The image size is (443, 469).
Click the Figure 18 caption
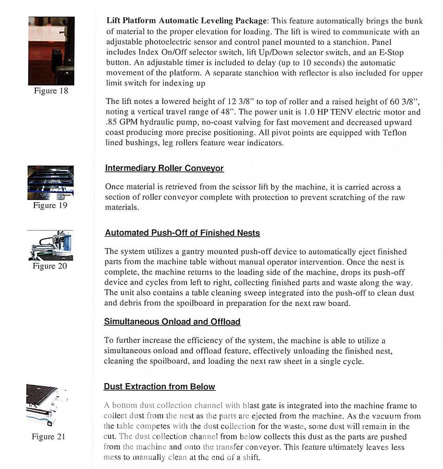52,91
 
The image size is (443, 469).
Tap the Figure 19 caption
51,205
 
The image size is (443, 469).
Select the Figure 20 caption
51,266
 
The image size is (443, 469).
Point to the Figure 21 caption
48,437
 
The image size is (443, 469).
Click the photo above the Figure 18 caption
51,51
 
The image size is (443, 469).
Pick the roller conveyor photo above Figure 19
51,182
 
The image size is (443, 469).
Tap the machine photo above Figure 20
51,245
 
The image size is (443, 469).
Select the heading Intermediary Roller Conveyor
164,168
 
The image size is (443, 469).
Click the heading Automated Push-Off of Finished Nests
182,233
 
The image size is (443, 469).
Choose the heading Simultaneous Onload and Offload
172,322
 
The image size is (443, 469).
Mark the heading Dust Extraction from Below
159,387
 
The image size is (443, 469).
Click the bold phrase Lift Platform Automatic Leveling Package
187,21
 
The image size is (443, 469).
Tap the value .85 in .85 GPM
112,122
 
